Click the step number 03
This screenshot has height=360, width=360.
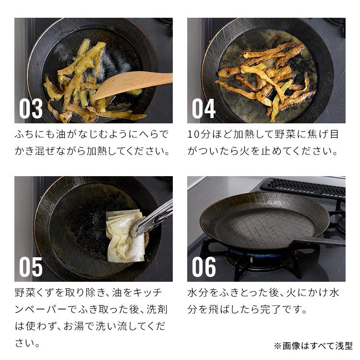click(x=31, y=108)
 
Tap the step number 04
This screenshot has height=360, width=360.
click(x=204, y=108)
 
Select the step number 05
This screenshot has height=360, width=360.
click(x=31, y=267)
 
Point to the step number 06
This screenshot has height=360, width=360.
click(x=204, y=267)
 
